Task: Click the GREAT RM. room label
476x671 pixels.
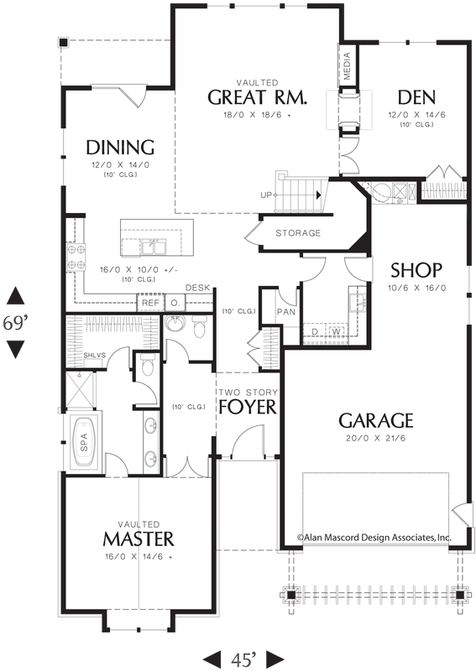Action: pyautogui.click(x=258, y=97)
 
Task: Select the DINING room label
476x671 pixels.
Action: pyautogui.click(x=120, y=148)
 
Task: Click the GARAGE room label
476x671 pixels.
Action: pyautogui.click(x=375, y=420)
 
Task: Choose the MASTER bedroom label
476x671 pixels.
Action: pyautogui.click(x=139, y=537)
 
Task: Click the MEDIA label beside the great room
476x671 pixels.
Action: pyautogui.click(x=348, y=65)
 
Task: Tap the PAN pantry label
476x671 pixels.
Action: pyautogui.click(x=285, y=312)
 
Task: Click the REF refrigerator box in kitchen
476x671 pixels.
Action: pyautogui.click(x=150, y=303)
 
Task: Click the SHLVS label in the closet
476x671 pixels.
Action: pyautogui.click(x=93, y=356)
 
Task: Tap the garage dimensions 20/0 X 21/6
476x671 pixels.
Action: pyautogui.click(x=375, y=439)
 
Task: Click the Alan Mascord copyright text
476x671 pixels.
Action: pyautogui.click(x=374, y=538)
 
